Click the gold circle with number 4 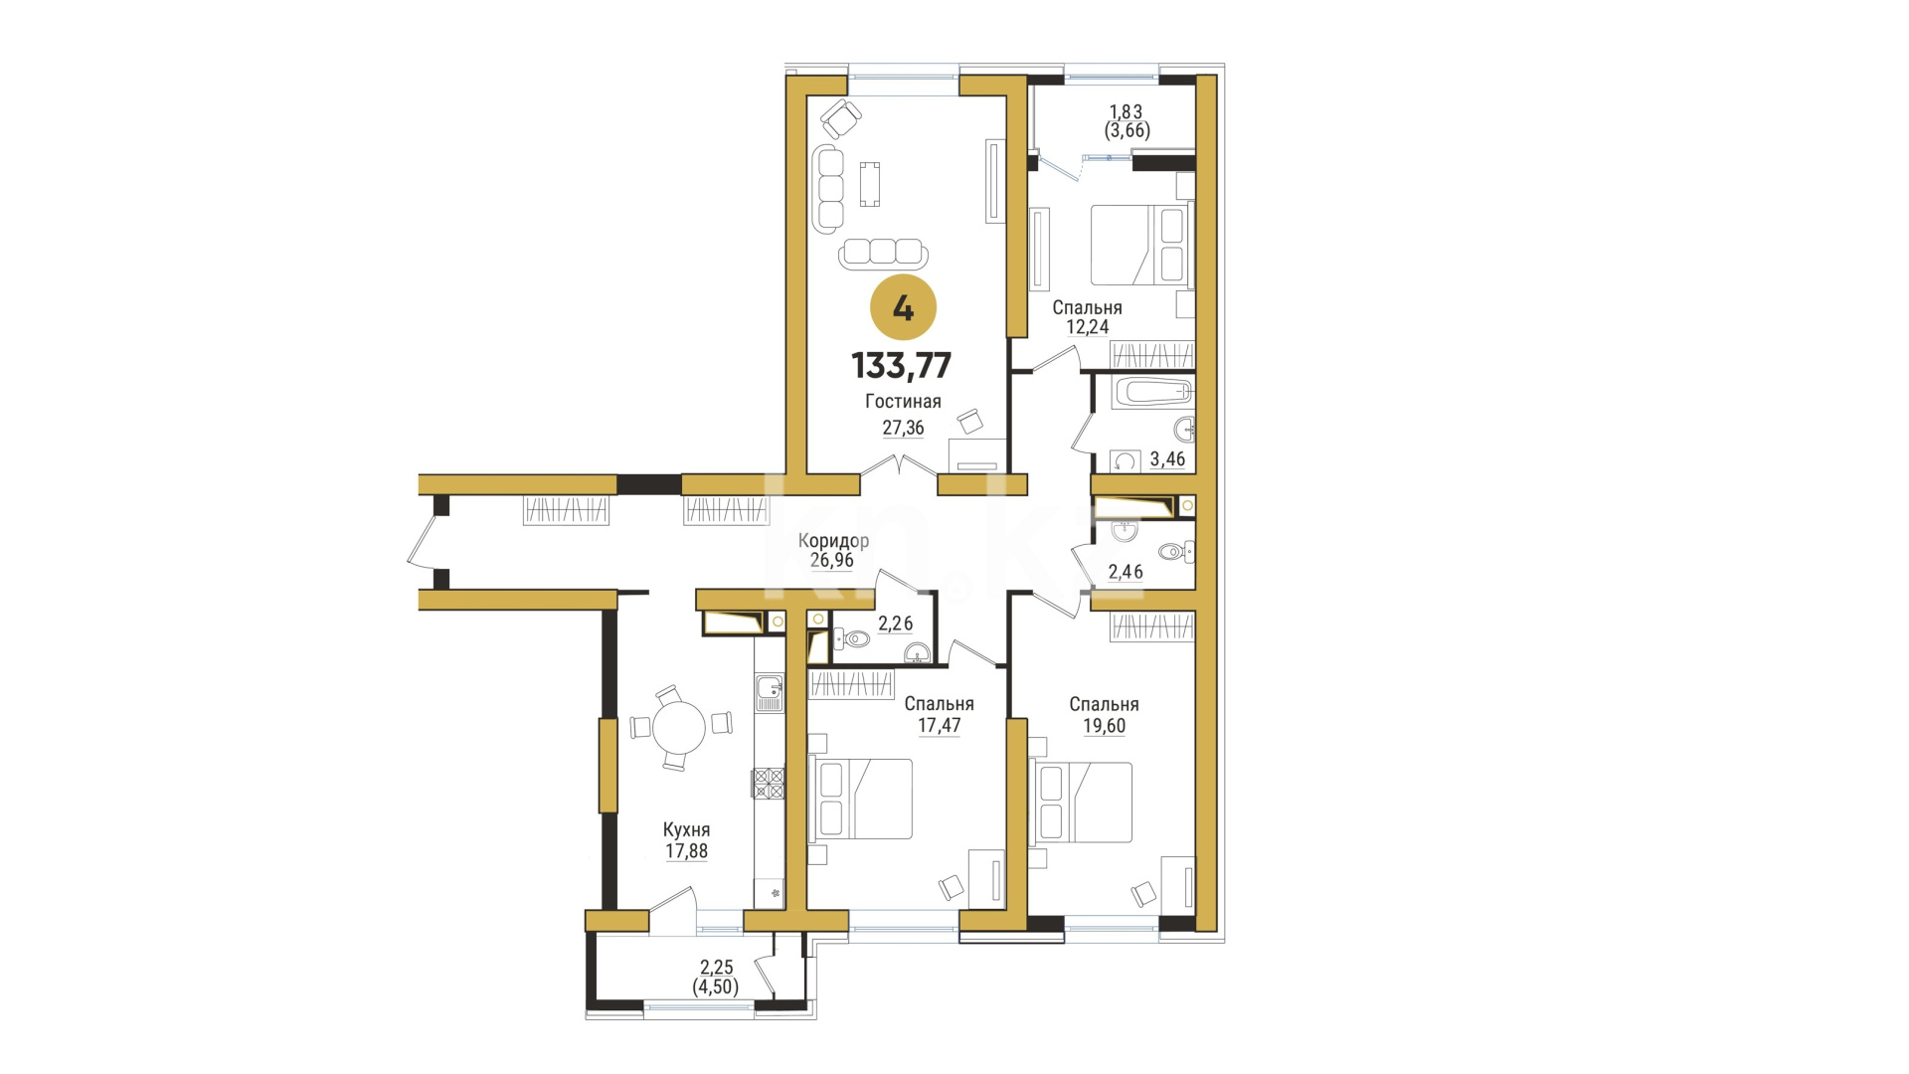pos(903,308)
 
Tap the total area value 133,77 pos(902,366)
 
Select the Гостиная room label pos(903,402)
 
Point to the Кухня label pos(687,830)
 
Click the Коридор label pos(833,541)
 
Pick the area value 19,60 pos(1104,726)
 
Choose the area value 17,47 pos(939,725)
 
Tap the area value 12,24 pos(1087,326)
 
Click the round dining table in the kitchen pos(679,728)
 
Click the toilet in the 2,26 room pos(851,638)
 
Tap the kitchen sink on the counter pos(770,692)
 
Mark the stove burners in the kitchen pos(768,783)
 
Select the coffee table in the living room pos(870,184)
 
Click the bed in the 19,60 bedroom pos(1083,802)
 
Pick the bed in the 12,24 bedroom pos(1139,245)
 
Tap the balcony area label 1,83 pos(1127,112)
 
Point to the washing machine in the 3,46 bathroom pos(1126,460)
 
